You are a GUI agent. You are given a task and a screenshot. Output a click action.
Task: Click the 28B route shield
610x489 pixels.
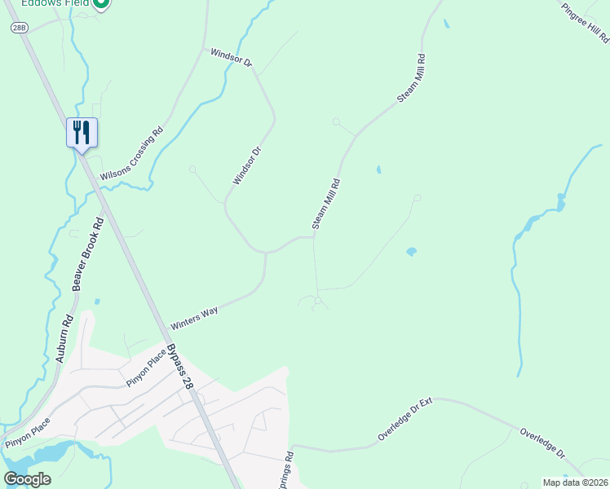click(x=19, y=27)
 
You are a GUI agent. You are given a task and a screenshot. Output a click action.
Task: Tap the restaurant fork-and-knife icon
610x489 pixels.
click(x=82, y=132)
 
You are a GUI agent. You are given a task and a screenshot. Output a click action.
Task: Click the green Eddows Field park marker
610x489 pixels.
click(x=101, y=4)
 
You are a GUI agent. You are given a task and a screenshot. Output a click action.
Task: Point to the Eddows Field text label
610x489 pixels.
click(x=57, y=3)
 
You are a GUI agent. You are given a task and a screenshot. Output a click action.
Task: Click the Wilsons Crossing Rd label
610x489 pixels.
click(x=131, y=154)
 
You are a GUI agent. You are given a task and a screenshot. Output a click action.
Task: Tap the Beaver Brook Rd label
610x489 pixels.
click(x=89, y=253)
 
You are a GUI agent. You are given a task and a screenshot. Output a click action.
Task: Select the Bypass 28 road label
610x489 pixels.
click(x=180, y=366)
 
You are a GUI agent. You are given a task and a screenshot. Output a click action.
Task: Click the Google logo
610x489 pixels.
click(x=27, y=479)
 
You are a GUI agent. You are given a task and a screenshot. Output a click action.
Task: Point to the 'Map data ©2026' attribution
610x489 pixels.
click(x=575, y=482)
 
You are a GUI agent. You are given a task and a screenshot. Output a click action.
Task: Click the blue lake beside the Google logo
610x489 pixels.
click(x=49, y=452)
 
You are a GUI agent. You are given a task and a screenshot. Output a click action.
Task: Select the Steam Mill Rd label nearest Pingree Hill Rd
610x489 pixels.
click(x=412, y=78)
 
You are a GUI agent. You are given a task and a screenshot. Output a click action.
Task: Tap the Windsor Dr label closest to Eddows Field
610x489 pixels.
click(x=232, y=57)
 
